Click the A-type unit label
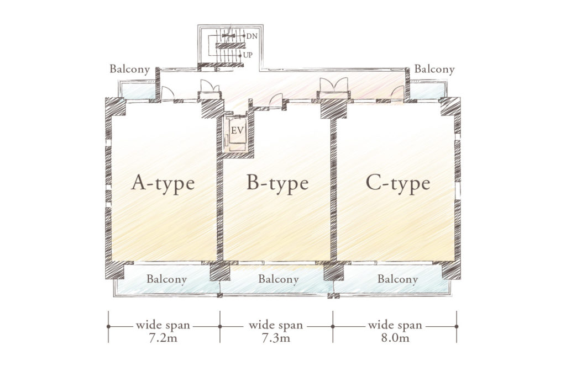point(163,183)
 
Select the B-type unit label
point(277,183)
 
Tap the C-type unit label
point(398,183)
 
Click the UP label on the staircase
point(248,55)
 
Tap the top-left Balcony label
point(130,70)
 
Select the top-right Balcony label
point(434,70)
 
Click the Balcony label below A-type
point(167,279)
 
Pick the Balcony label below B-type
point(279,279)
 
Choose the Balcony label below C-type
point(398,279)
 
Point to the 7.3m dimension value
point(277,338)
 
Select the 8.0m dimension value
point(395,338)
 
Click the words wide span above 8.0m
point(395,325)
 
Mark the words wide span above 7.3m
point(277,325)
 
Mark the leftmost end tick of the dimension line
point(108,326)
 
